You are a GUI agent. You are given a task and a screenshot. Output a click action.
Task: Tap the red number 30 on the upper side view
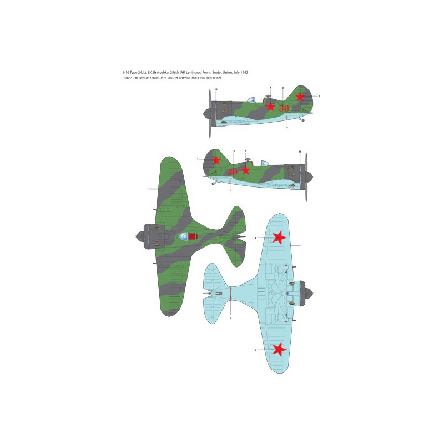tap(284, 107)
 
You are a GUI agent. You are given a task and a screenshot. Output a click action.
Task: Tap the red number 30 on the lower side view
tap(233, 171)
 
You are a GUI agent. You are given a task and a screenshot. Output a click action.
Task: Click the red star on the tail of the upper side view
tap(300, 97)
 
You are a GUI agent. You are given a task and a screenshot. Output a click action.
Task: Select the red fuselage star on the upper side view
tap(270, 107)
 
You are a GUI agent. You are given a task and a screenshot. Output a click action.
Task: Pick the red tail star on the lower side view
tap(216, 160)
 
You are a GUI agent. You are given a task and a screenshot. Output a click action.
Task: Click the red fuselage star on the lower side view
tap(246, 170)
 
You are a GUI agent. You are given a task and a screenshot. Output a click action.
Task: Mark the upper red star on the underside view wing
tap(279, 238)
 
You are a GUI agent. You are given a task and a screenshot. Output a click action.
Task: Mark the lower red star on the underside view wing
tap(279, 349)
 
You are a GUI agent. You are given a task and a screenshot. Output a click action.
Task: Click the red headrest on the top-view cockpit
tap(193, 237)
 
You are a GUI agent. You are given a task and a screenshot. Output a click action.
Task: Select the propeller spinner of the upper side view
tap(206, 114)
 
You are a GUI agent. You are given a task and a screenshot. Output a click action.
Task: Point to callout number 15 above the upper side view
tap(216, 89)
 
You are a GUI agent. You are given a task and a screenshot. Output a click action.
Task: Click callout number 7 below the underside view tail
tap(231, 317)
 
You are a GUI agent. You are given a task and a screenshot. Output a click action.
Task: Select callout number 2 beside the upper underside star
tap(255, 238)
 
